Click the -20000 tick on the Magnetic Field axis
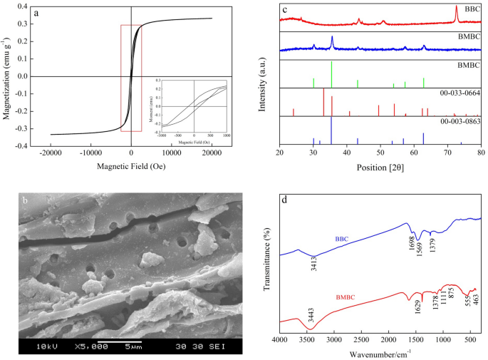51,153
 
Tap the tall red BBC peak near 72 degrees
456,15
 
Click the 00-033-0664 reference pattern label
461,93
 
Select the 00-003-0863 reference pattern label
461,122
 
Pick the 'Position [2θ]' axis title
380,170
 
